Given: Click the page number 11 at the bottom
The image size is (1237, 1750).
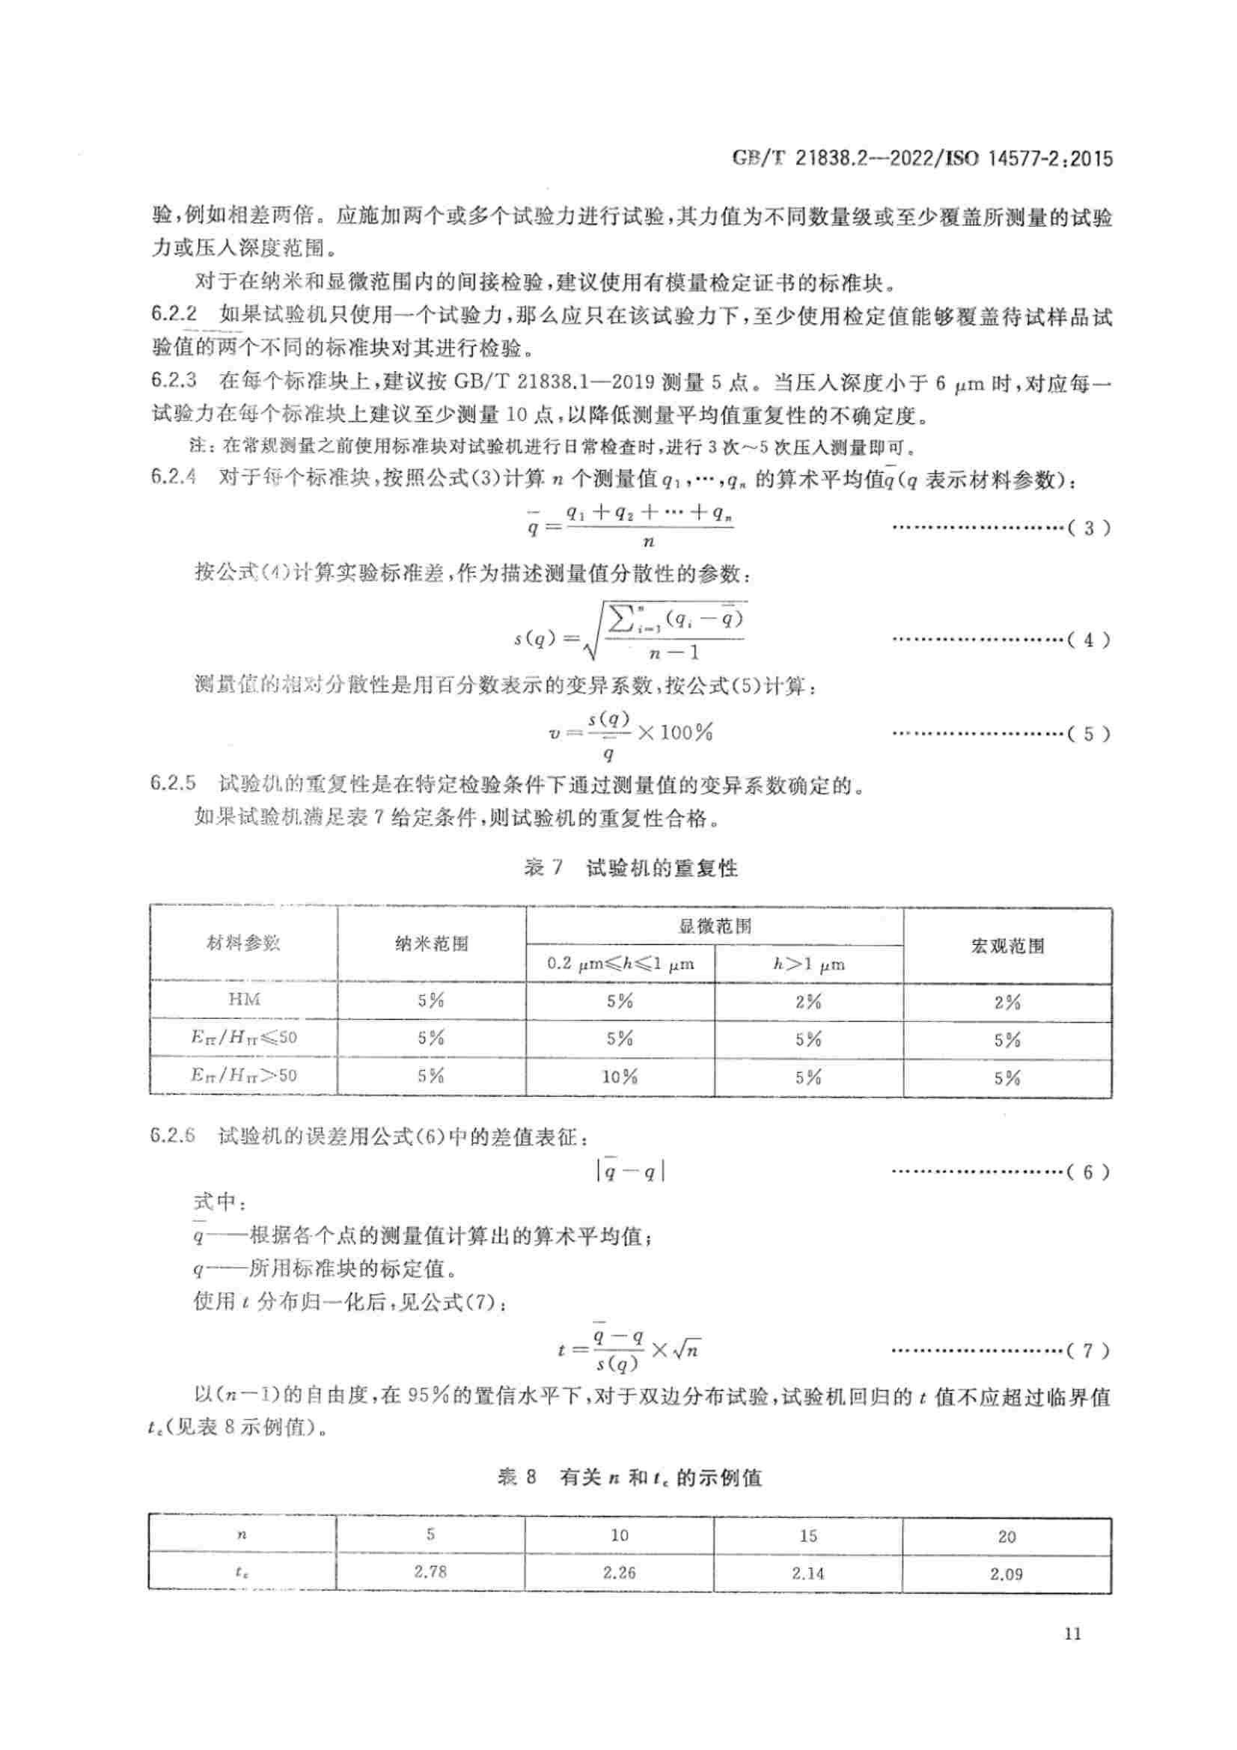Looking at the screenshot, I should [1072, 1633].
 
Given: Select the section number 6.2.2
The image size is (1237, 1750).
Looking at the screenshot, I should [174, 314].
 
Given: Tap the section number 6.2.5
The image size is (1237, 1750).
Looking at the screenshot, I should [174, 783].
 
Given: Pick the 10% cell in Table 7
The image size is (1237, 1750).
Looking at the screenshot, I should [620, 1077].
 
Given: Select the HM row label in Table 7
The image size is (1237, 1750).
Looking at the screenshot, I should [244, 1000].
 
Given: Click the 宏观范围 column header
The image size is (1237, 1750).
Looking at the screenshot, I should [1007, 946].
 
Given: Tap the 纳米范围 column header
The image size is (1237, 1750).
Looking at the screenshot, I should [431, 943].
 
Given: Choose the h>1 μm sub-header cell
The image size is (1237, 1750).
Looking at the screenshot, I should [809, 964].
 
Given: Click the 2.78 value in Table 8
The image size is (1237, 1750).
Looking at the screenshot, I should [430, 1572].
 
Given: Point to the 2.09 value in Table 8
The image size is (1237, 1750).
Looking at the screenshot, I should [1006, 1573].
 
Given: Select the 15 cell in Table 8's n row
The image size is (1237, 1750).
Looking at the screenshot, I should [809, 1535].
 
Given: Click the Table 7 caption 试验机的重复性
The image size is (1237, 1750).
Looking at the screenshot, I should [661, 868].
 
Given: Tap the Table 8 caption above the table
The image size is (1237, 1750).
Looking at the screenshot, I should [629, 1478].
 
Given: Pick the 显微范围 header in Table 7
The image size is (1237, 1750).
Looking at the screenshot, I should [714, 926].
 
